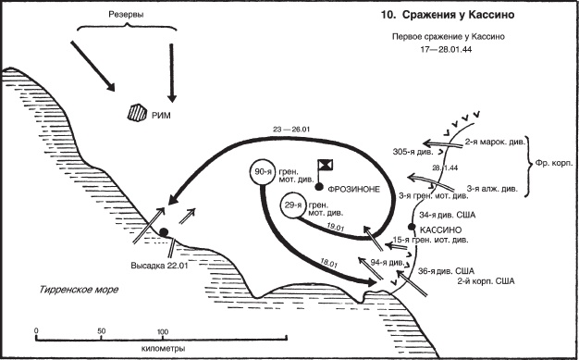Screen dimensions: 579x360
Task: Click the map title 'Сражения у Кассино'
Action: coord(458,15)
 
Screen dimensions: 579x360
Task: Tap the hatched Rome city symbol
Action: coord(137,113)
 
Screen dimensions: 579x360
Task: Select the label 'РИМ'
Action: coord(161,116)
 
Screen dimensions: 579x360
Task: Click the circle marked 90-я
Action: coord(263,173)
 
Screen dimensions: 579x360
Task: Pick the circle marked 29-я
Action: coord(293,205)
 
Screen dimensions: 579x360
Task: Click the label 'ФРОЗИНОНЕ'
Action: coord(353,189)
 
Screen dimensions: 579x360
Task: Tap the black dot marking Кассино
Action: coord(413,227)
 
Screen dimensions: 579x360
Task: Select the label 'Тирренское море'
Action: coord(79,290)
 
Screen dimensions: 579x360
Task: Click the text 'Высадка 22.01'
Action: coord(159,266)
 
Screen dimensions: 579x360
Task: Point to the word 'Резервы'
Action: coord(126,15)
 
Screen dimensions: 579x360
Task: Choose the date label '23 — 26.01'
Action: coord(291,130)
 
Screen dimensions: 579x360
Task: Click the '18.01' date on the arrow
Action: coord(328,263)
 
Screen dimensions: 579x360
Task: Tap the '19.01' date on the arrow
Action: coord(336,227)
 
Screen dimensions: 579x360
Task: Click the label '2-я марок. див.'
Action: coord(495,142)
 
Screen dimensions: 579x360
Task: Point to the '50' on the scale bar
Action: coord(101,331)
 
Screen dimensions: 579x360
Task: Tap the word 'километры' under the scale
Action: coord(163,349)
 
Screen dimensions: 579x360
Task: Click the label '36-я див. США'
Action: coord(446,271)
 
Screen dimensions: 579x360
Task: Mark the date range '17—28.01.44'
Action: coord(446,50)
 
